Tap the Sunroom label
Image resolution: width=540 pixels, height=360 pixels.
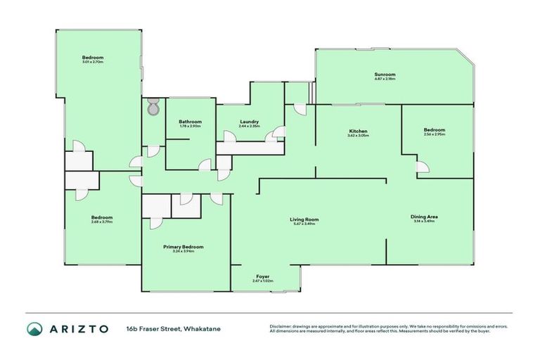385,75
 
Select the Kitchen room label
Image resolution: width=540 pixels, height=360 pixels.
359,131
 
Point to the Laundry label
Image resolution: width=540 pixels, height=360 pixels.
249,122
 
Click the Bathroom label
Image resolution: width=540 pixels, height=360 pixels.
190,122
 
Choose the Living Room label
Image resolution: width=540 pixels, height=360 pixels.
305,219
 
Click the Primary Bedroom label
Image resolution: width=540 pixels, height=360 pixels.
184,247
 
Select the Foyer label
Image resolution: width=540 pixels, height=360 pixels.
262,276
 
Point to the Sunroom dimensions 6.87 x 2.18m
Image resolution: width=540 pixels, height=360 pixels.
385,79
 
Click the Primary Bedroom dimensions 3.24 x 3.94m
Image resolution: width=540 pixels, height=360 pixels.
184,252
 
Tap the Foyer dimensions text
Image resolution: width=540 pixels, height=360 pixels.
262,281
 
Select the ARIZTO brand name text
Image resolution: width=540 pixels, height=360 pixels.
78,329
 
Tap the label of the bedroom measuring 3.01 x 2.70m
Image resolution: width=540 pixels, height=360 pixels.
93,57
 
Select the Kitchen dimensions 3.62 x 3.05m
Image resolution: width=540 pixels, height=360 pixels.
359,136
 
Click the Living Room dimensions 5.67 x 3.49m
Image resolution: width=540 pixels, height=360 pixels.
305,224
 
